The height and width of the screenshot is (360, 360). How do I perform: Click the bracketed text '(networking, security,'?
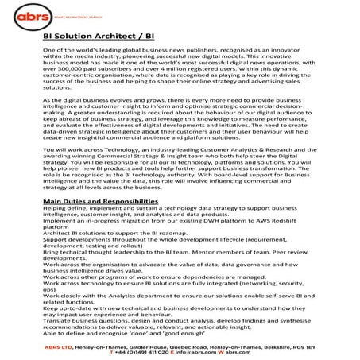point(269,304)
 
